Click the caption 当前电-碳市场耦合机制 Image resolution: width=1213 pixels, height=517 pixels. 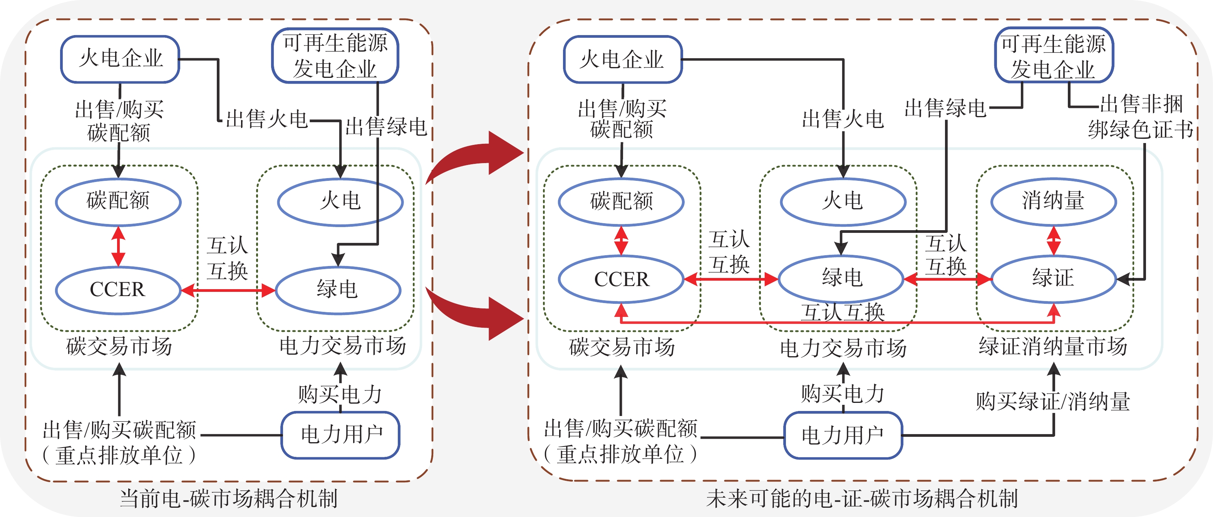(x=228, y=498)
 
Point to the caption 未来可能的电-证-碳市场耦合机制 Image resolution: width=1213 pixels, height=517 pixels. (x=862, y=498)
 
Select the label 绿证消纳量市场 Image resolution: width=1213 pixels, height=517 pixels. (x=1053, y=346)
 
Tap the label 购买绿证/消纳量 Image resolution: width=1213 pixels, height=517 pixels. (x=1053, y=402)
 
